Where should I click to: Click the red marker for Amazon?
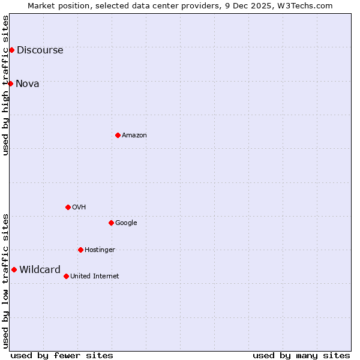[118, 135]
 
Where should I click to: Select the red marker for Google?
[111, 223]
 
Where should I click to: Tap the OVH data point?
[68, 207]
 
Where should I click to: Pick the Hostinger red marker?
[80, 250]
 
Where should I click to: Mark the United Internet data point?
[66, 276]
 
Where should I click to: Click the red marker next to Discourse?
[11, 50]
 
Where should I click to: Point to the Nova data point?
[10, 83]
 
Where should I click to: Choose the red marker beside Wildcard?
[14, 269]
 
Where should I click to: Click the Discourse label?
[40, 50]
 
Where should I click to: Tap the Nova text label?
[28, 84]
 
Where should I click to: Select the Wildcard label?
[40, 270]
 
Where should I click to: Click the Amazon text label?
[134, 136]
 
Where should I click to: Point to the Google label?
[126, 223]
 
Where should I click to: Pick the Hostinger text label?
[100, 250]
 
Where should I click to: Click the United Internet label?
[94, 277]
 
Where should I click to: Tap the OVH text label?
[79, 208]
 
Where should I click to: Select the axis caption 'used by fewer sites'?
[62, 355]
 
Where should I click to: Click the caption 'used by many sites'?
[301, 355]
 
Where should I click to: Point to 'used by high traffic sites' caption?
[5, 85]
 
